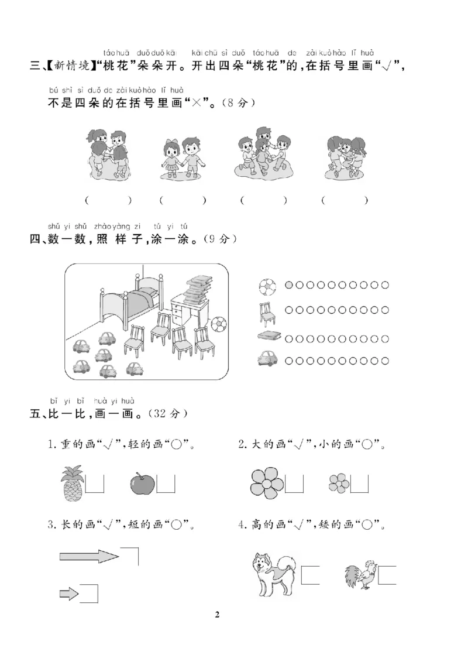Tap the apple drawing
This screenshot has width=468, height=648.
[x=142, y=484]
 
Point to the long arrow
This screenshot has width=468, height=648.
[x=88, y=555]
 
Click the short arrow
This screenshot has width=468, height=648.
[x=69, y=595]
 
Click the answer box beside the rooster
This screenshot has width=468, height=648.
[x=387, y=575]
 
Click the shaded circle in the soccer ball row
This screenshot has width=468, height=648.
[x=289, y=286]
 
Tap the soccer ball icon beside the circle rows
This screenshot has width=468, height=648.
[x=266, y=286]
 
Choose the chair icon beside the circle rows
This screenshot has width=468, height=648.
[x=266, y=313]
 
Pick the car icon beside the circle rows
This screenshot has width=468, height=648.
[x=267, y=358]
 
